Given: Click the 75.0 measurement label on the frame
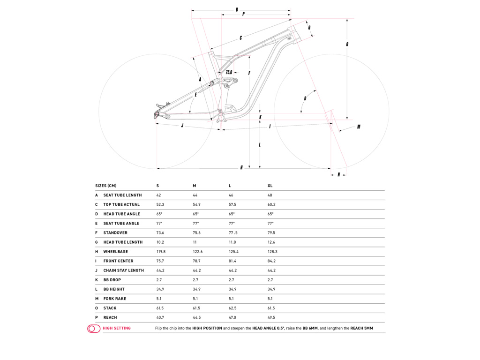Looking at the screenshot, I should coord(229,72).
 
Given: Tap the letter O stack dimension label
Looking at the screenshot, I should coord(347,45).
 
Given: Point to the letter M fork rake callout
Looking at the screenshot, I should coord(359,127).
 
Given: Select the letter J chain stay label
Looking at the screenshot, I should coord(182,126).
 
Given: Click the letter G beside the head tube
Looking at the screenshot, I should coord(309,28).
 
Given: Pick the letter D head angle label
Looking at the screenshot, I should coord(305,98).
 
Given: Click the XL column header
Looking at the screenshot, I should coord(270,186).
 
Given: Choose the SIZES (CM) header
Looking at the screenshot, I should coord(105,186).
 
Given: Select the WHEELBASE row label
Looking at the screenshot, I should coord(115,252).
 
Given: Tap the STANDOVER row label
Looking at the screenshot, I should coord(115,233).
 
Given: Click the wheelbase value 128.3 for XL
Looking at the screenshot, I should coord(272,252).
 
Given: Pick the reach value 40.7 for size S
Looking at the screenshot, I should coord(160,317).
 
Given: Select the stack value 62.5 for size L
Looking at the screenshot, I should coord(232,308).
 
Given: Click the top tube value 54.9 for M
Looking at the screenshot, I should coord(196,204).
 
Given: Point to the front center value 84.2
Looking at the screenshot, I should coord(271,261).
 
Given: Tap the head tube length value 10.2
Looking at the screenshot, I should coord(160,242).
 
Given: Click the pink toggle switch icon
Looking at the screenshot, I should coord(94,329).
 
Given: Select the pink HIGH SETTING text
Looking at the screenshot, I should coord(117,328).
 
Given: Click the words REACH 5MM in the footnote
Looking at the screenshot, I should coord(361,328).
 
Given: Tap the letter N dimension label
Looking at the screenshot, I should coord(338,175).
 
